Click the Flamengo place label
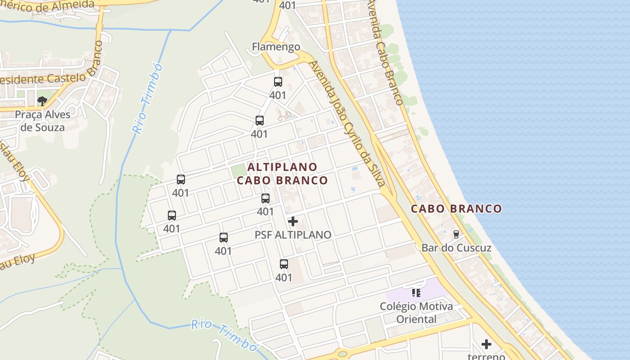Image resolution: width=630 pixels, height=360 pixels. pyautogui.click(x=276, y=47)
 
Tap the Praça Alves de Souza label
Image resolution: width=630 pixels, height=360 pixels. pyautogui.click(x=43, y=121)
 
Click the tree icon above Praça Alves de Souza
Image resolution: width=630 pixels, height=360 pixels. pyautogui.click(x=42, y=101)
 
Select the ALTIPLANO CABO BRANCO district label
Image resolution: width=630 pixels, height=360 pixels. pyautogui.click(x=282, y=174)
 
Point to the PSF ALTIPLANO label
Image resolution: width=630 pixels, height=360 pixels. pyautogui.click(x=293, y=235)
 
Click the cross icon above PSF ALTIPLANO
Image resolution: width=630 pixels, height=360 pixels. pyautogui.click(x=293, y=221)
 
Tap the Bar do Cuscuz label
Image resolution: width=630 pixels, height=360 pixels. pyautogui.click(x=456, y=248)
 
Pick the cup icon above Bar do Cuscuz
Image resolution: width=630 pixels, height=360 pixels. pyautogui.click(x=456, y=234)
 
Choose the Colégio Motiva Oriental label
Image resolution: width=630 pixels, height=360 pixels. pyautogui.click(x=416, y=313)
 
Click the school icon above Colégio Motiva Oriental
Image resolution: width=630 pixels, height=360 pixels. pyautogui.click(x=416, y=293)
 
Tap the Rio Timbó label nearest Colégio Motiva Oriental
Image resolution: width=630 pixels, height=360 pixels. pyautogui.click(x=224, y=335)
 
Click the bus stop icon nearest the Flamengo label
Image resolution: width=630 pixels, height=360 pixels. pyautogui.click(x=278, y=82)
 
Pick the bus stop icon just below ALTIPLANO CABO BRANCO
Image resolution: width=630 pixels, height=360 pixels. pyautogui.click(x=265, y=198)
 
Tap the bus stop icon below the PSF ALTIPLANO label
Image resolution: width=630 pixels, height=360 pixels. pyautogui.click(x=284, y=264)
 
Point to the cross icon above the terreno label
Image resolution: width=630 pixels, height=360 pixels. pyautogui.click(x=486, y=344)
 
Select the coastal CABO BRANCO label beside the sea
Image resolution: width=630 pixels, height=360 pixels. pyautogui.click(x=456, y=209)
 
